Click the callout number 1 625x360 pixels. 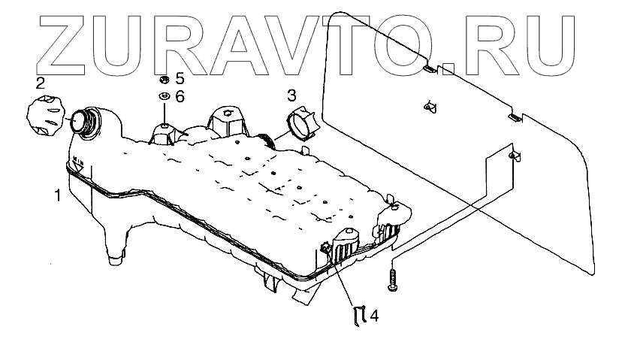[x=56, y=197]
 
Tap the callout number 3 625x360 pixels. [x=292, y=95]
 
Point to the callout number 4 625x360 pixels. [x=373, y=316]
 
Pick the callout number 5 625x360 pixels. [x=180, y=78]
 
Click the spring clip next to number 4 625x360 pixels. [x=359, y=316]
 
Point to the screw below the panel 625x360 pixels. [x=392, y=282]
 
